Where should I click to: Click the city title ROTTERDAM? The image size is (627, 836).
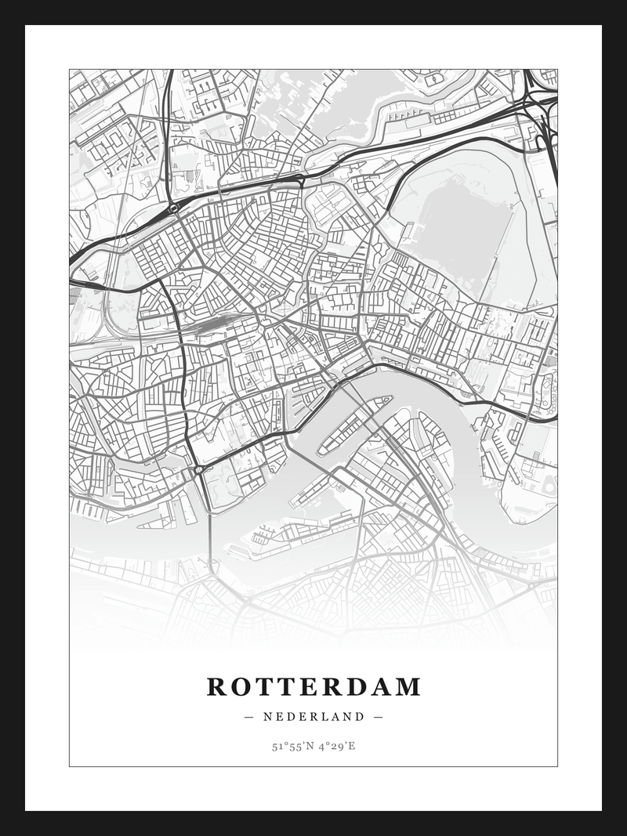tap(313, 687)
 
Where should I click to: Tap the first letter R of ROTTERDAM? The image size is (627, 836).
tap(216, 687)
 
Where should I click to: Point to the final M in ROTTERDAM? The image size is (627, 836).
tap(408, 687)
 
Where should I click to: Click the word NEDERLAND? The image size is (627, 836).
tap(313, 716)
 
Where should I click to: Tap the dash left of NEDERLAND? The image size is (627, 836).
tap(249, 716)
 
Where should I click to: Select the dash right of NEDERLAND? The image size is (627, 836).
tap(378, 716)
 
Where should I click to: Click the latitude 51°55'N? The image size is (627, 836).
tap(292, 746)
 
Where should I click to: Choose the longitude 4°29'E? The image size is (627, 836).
tap(338, 746)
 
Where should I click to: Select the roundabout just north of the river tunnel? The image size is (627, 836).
tap(199, 469)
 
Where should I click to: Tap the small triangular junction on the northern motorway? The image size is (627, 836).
tap(299, 181)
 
